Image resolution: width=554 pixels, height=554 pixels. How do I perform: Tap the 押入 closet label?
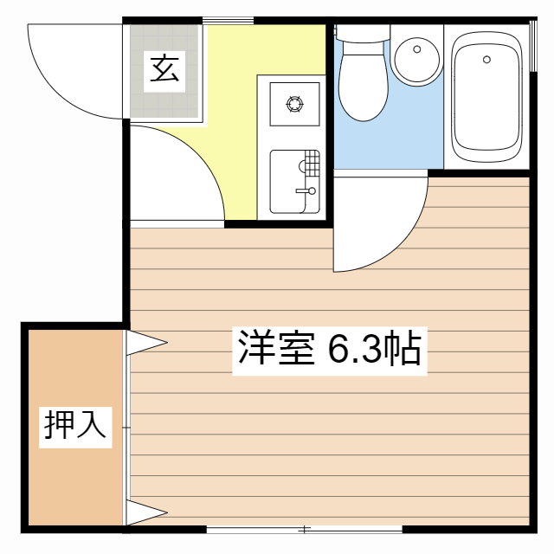[75, 425]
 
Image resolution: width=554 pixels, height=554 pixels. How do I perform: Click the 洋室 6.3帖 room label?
[330, 348]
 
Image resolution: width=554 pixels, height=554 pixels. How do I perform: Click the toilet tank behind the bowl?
[363, 35]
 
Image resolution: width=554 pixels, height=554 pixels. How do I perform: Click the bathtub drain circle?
[486, 60]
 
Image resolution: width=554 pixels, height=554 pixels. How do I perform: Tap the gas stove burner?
[295, 106]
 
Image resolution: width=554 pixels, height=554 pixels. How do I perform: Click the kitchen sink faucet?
[308, 190]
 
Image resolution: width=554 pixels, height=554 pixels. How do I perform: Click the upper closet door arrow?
[145, 343]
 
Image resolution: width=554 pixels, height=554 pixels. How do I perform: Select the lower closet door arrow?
[145, 512]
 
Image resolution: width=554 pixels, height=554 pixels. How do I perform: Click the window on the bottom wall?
[305, 528]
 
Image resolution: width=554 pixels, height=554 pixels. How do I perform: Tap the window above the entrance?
[229, 19]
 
